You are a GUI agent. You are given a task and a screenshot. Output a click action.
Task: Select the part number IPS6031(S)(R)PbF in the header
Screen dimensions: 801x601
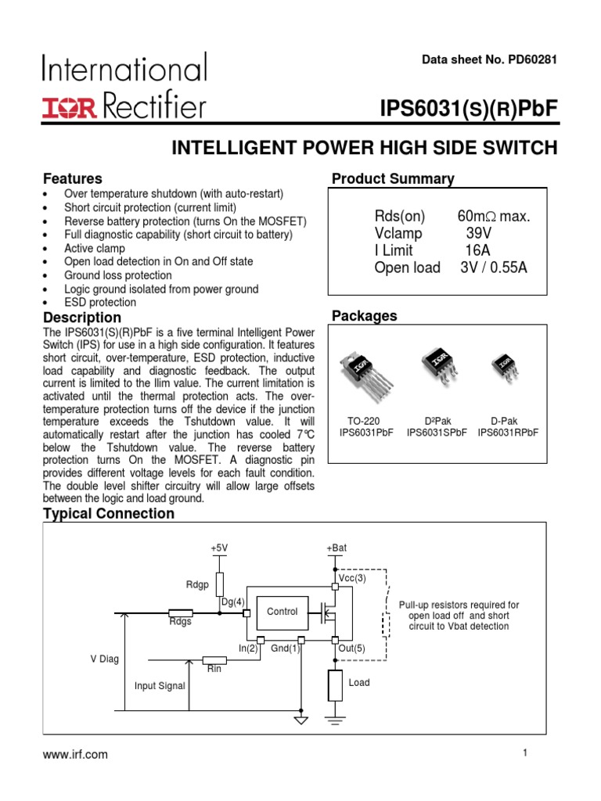click(x=468, y=110)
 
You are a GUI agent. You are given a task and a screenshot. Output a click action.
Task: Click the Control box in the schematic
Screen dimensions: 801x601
click(x=283, y=612)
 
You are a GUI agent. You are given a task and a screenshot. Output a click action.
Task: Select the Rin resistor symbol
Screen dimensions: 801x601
click(x=214, y=660)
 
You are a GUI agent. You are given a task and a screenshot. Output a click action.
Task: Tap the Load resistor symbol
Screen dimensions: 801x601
click(x=336, y=685)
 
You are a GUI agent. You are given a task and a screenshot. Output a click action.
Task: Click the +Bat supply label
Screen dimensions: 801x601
click(x=336, y=548)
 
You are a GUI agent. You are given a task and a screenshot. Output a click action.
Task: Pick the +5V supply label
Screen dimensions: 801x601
click(x=219, y=548)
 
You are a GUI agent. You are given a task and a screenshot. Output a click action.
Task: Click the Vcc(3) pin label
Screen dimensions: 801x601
click(x=351, y=578)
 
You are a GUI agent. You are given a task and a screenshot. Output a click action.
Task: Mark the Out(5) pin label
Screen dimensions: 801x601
click(x=351, y=648)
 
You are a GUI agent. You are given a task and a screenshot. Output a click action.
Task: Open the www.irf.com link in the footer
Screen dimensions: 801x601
click(x=76, y=755)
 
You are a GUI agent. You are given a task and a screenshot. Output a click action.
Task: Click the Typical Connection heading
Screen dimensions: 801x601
click(x=109, y=514)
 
